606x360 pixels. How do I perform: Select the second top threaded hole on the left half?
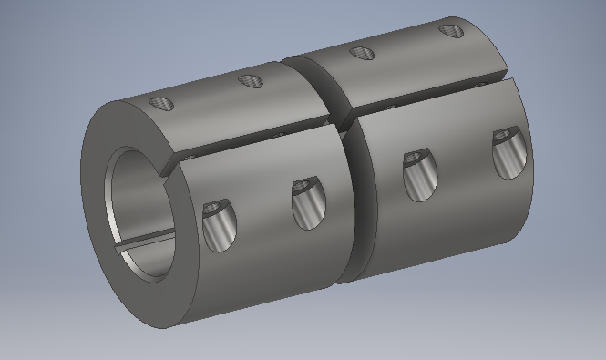[249, 82]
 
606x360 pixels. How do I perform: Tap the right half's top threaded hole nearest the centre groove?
[361, 53]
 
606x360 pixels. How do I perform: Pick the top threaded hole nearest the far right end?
[450, 31]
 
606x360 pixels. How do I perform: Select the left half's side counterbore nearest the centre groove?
[305, 205]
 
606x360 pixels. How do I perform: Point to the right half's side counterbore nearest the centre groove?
[416, 174]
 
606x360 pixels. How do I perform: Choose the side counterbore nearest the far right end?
[507, 153]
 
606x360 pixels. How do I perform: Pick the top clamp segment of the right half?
[401, 68]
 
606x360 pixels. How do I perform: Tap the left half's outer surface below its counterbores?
[264, 273]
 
